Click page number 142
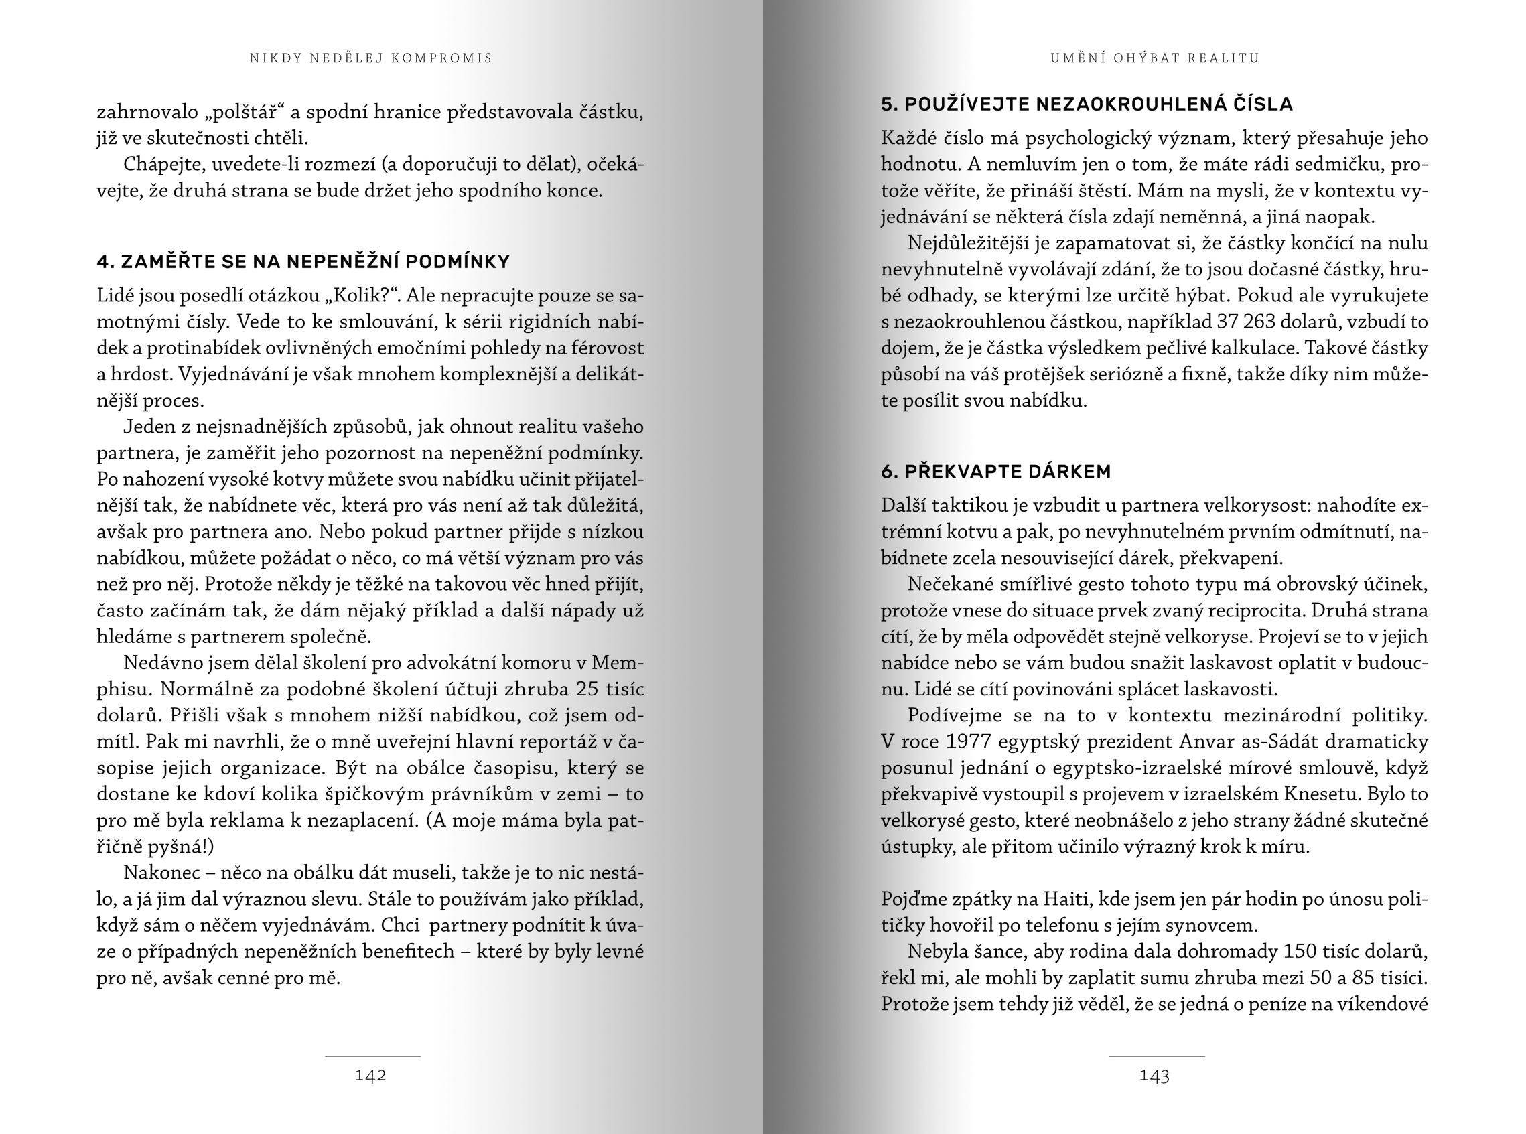pyautogui.click(x=370, y=1076)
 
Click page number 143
pyautogui.click(x=1154, y=1076)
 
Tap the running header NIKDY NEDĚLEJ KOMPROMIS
pyautogui.click(x=371, y=58)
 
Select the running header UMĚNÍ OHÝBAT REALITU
pyautogui.click(x=1155, y=58)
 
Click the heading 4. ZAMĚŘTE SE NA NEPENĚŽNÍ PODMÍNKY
pyautogui.click(x=303, y=261)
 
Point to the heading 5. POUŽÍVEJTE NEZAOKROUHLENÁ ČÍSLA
pyautogui.click(x=1087, y=104)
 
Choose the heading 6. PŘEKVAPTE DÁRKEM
pyautogui.click(x=995, y=472)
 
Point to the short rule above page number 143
pyautogui.click(x=1157, y=1056)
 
